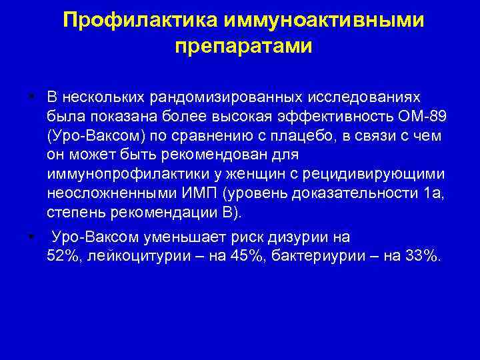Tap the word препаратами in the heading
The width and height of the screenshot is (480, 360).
243,46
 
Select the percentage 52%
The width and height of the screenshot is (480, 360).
61,257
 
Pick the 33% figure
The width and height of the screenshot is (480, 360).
421,257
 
